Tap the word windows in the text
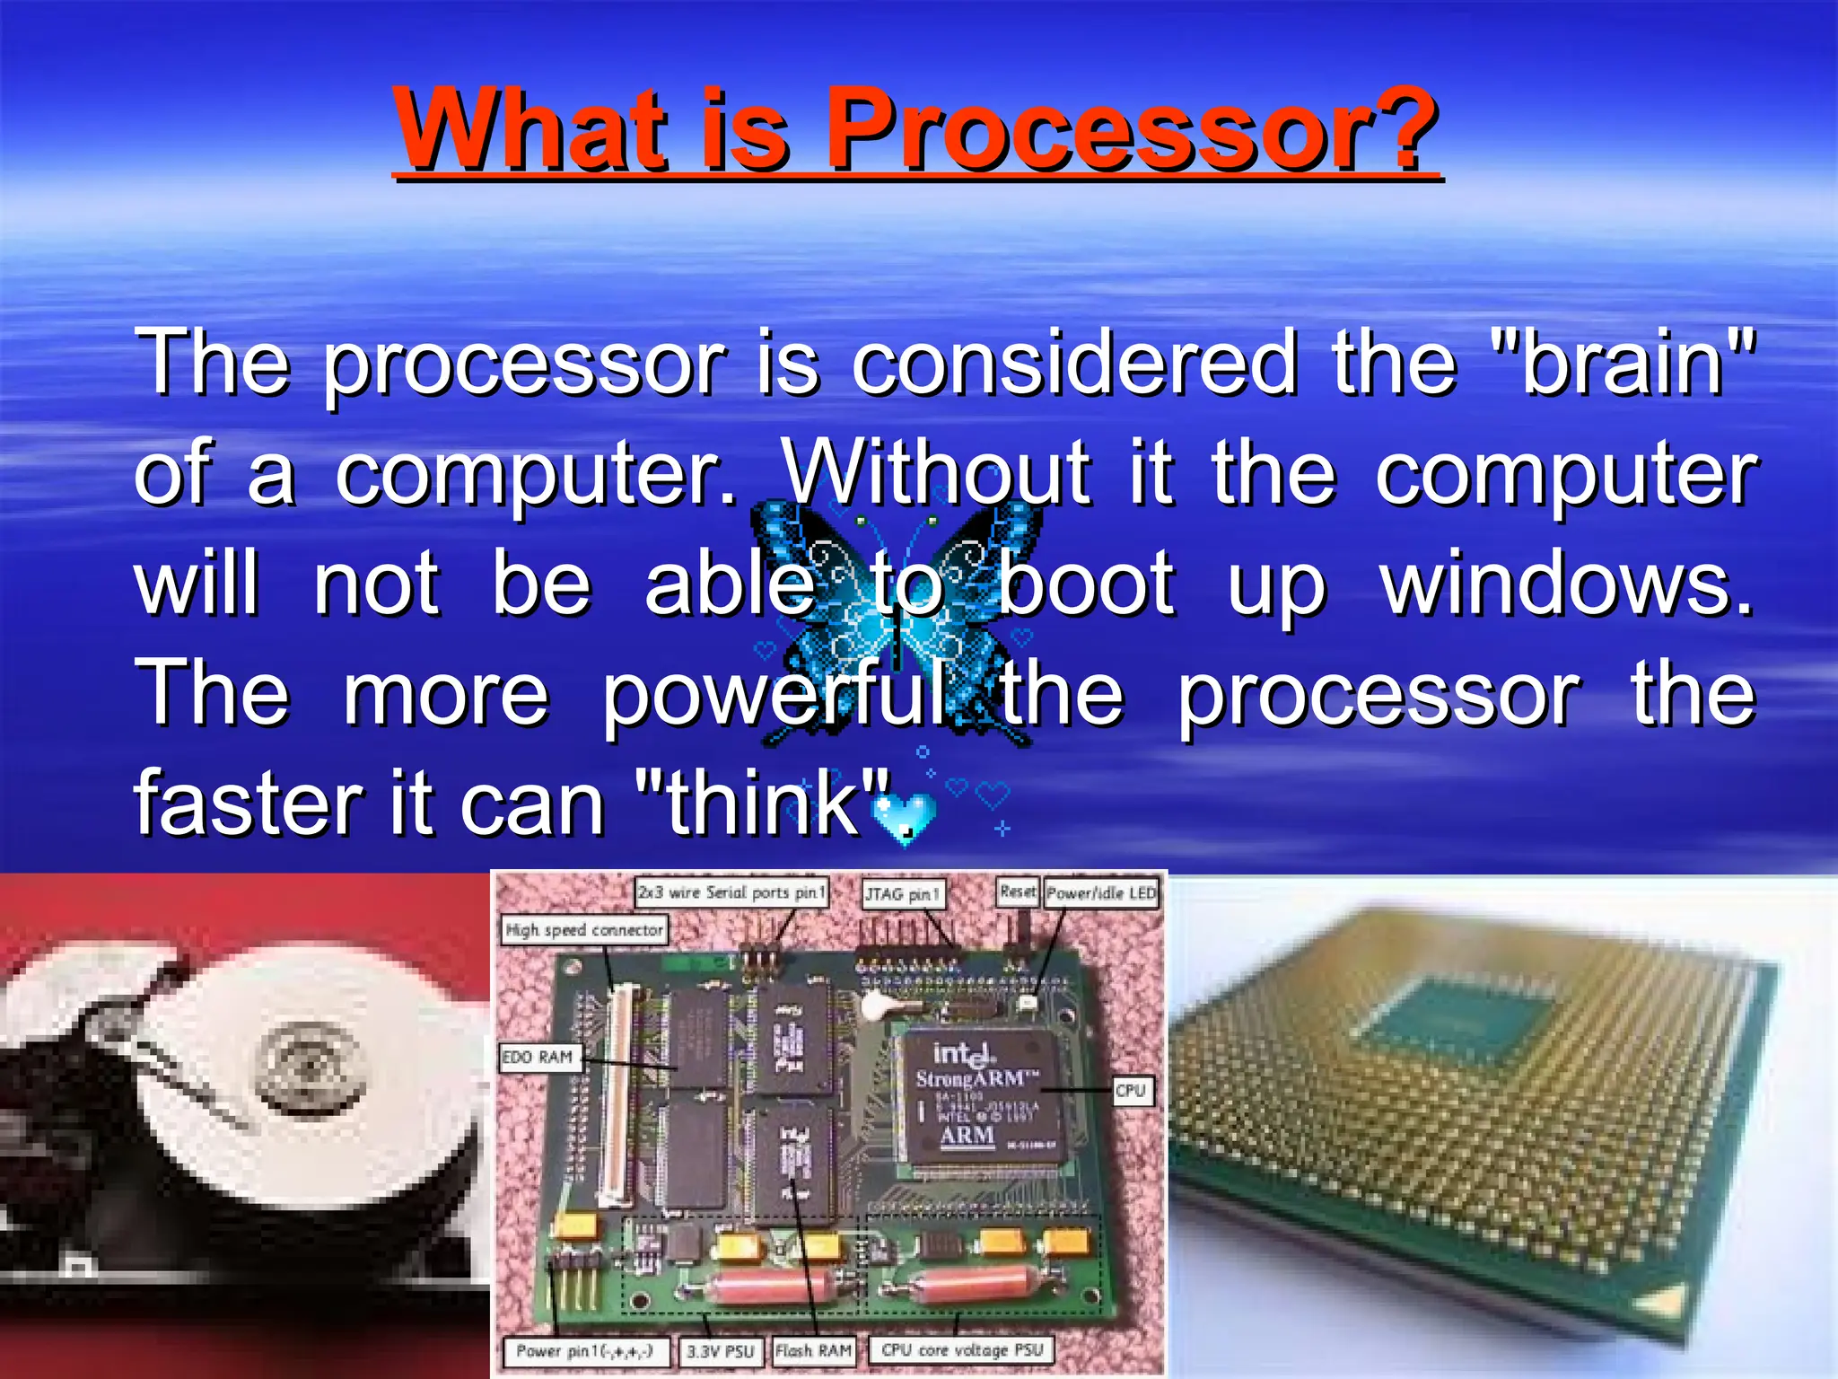1566,584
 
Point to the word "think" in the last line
763,803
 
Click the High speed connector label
584,930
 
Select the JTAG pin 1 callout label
903,894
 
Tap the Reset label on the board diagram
1018,892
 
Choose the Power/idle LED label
1101,893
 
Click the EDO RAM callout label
538,1058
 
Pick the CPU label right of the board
1131,1091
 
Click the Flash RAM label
813,1350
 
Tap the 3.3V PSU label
720,1351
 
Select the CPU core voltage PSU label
962,1349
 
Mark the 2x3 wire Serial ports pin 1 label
731,892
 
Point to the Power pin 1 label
585,1350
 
